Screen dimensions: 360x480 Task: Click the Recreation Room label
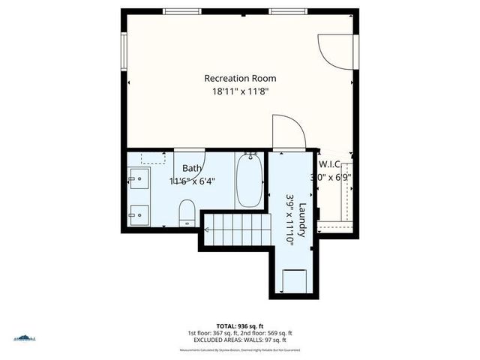[x=240, y=78]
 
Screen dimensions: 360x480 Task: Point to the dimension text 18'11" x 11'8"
[x=240, y=91]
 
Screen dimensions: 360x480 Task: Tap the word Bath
[x=193, y=168]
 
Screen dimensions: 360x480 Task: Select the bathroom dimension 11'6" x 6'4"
[x=191, y=181]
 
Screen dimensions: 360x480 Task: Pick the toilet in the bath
[x=187, y=213]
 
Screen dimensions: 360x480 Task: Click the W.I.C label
[x=331, y=164]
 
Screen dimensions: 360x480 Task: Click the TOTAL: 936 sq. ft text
[x=240, y=326]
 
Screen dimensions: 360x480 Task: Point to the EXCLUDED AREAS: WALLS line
[x=240, y=340]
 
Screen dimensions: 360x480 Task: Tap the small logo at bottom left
[x=24, y=338]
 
